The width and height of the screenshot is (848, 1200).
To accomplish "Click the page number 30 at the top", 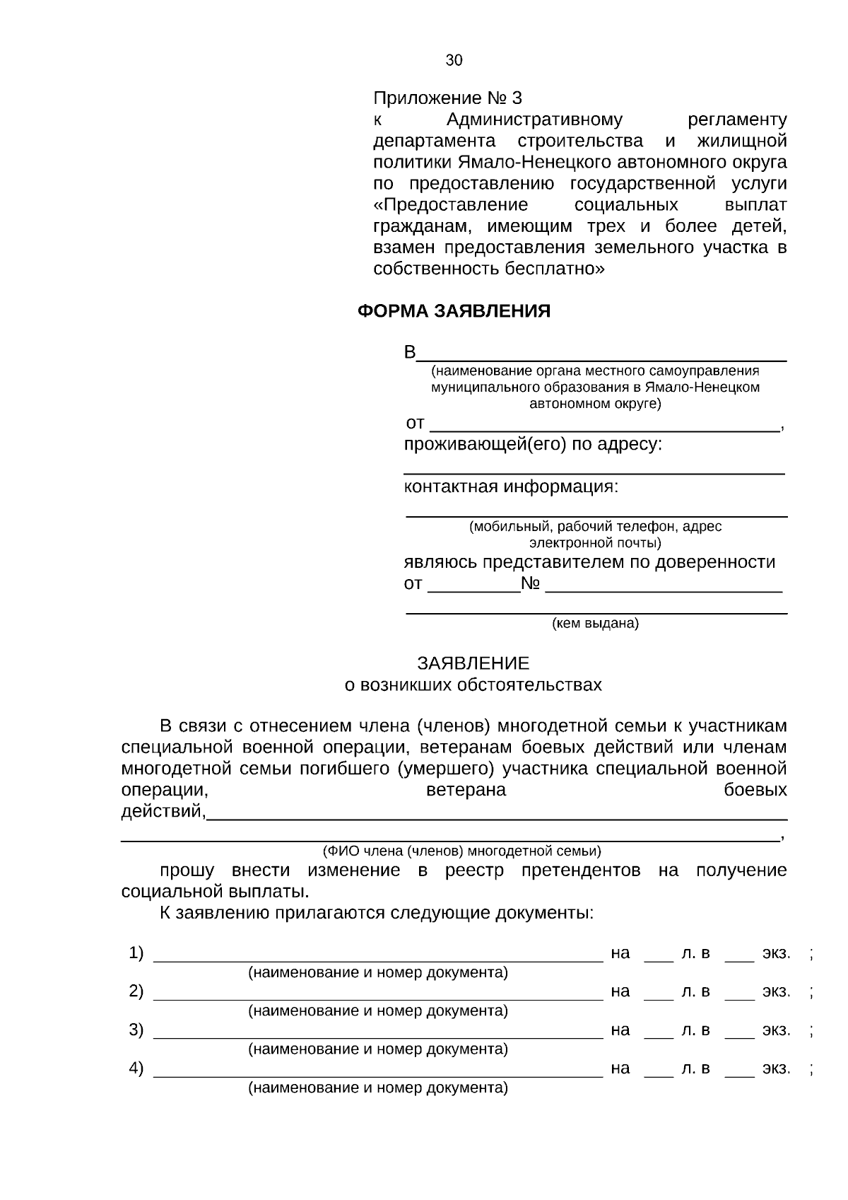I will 454,60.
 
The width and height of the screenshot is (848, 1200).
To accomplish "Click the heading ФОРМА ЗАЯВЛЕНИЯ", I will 454,311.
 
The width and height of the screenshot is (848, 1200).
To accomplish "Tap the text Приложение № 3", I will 447,98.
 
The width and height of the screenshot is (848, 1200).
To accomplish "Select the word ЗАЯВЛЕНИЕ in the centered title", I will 473,663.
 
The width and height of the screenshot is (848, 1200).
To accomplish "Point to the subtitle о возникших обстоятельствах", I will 473,685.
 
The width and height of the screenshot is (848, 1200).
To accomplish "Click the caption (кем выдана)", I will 595,624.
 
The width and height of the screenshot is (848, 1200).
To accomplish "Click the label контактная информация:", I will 511,487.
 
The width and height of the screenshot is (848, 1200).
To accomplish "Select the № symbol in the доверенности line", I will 531,584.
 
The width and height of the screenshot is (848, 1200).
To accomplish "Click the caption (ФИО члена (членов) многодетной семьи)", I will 461,851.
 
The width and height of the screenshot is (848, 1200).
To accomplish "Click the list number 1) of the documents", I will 136,953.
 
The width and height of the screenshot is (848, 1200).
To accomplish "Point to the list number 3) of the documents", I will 136,1030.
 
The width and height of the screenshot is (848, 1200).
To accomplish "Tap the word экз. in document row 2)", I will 776,991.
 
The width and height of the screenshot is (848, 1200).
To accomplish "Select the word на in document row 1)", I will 620,953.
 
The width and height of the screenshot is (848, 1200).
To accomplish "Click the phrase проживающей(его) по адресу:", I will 533,445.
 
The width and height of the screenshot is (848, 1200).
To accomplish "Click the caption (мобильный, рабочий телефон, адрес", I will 595,527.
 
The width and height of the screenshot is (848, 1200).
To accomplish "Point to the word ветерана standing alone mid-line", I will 466,790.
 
